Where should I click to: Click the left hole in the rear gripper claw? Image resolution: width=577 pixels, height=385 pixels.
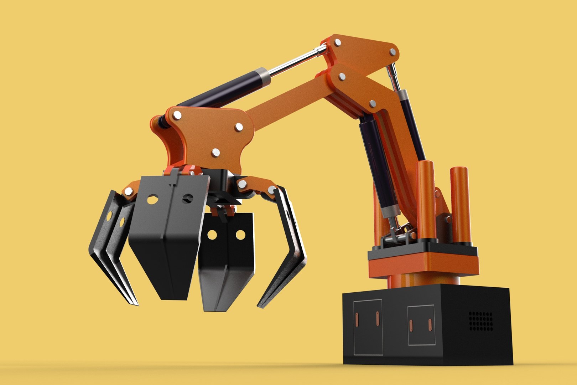click(212, 235)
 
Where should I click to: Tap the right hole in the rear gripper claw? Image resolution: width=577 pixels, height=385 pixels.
click(240, 235)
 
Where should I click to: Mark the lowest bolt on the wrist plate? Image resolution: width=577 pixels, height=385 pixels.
click(216, 153)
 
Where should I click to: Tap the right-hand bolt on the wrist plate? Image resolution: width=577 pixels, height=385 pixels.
click(239, 127)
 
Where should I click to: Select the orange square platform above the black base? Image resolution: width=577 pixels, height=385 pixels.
click(424, 264)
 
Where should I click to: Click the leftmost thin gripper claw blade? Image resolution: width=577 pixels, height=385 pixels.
click(107, 250)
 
